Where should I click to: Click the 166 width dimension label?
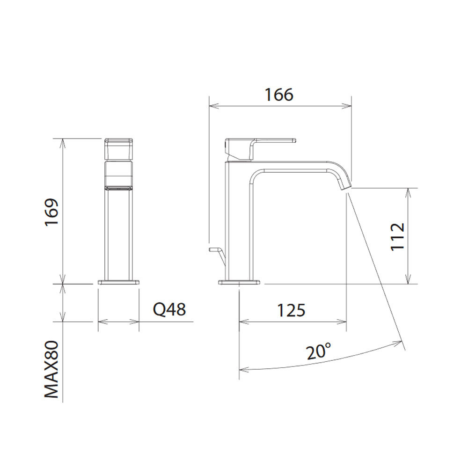click(279, 95)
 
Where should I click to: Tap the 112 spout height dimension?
click(397, 237)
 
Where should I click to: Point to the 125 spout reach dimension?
click(291, 310)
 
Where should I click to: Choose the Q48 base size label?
click(169, 309)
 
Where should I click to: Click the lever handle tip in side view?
click(294, 139)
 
